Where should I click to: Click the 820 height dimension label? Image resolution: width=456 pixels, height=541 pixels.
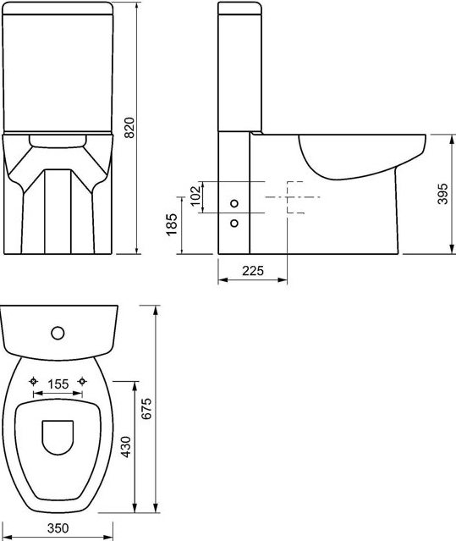[129, 127]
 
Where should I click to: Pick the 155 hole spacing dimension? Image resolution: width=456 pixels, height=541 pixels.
[58, 384]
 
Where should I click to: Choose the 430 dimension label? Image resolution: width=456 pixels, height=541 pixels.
[127, 448]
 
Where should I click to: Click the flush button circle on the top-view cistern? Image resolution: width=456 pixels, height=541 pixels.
[58, 331]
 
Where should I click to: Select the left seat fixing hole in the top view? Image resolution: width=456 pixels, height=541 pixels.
[34, 380]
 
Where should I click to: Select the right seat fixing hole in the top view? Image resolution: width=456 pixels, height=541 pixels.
[82, 380]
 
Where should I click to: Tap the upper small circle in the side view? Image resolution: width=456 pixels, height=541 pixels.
[234, 203]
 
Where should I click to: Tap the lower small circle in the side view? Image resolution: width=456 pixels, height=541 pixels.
[234, 224]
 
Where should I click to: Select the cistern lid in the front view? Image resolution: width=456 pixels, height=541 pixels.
[58, 9]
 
